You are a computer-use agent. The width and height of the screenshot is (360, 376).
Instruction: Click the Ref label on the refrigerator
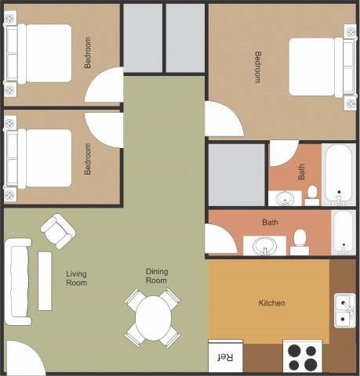pos(224,357)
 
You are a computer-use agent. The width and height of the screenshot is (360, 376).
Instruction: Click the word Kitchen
pos(271,303)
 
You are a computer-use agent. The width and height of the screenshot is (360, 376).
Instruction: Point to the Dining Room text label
pos(156,276)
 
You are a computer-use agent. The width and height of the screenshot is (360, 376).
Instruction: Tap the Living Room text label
pos(76,278)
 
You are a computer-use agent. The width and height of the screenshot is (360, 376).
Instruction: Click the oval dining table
pos(152,317)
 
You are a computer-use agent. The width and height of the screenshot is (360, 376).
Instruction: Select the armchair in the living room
pos(58,231)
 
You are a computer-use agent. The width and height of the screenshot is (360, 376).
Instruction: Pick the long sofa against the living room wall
pos(17,281)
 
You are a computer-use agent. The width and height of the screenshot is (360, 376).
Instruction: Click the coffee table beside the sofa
pos(45,280)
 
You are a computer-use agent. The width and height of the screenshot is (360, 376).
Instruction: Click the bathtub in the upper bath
pos(339,173)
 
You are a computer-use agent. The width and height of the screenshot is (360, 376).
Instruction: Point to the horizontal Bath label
pos(270,222)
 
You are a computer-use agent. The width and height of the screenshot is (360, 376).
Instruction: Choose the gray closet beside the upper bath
pos(236,174)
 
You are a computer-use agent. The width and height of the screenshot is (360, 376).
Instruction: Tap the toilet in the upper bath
pos(311,193)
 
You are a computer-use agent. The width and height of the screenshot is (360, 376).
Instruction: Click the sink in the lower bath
pos(264,246)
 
